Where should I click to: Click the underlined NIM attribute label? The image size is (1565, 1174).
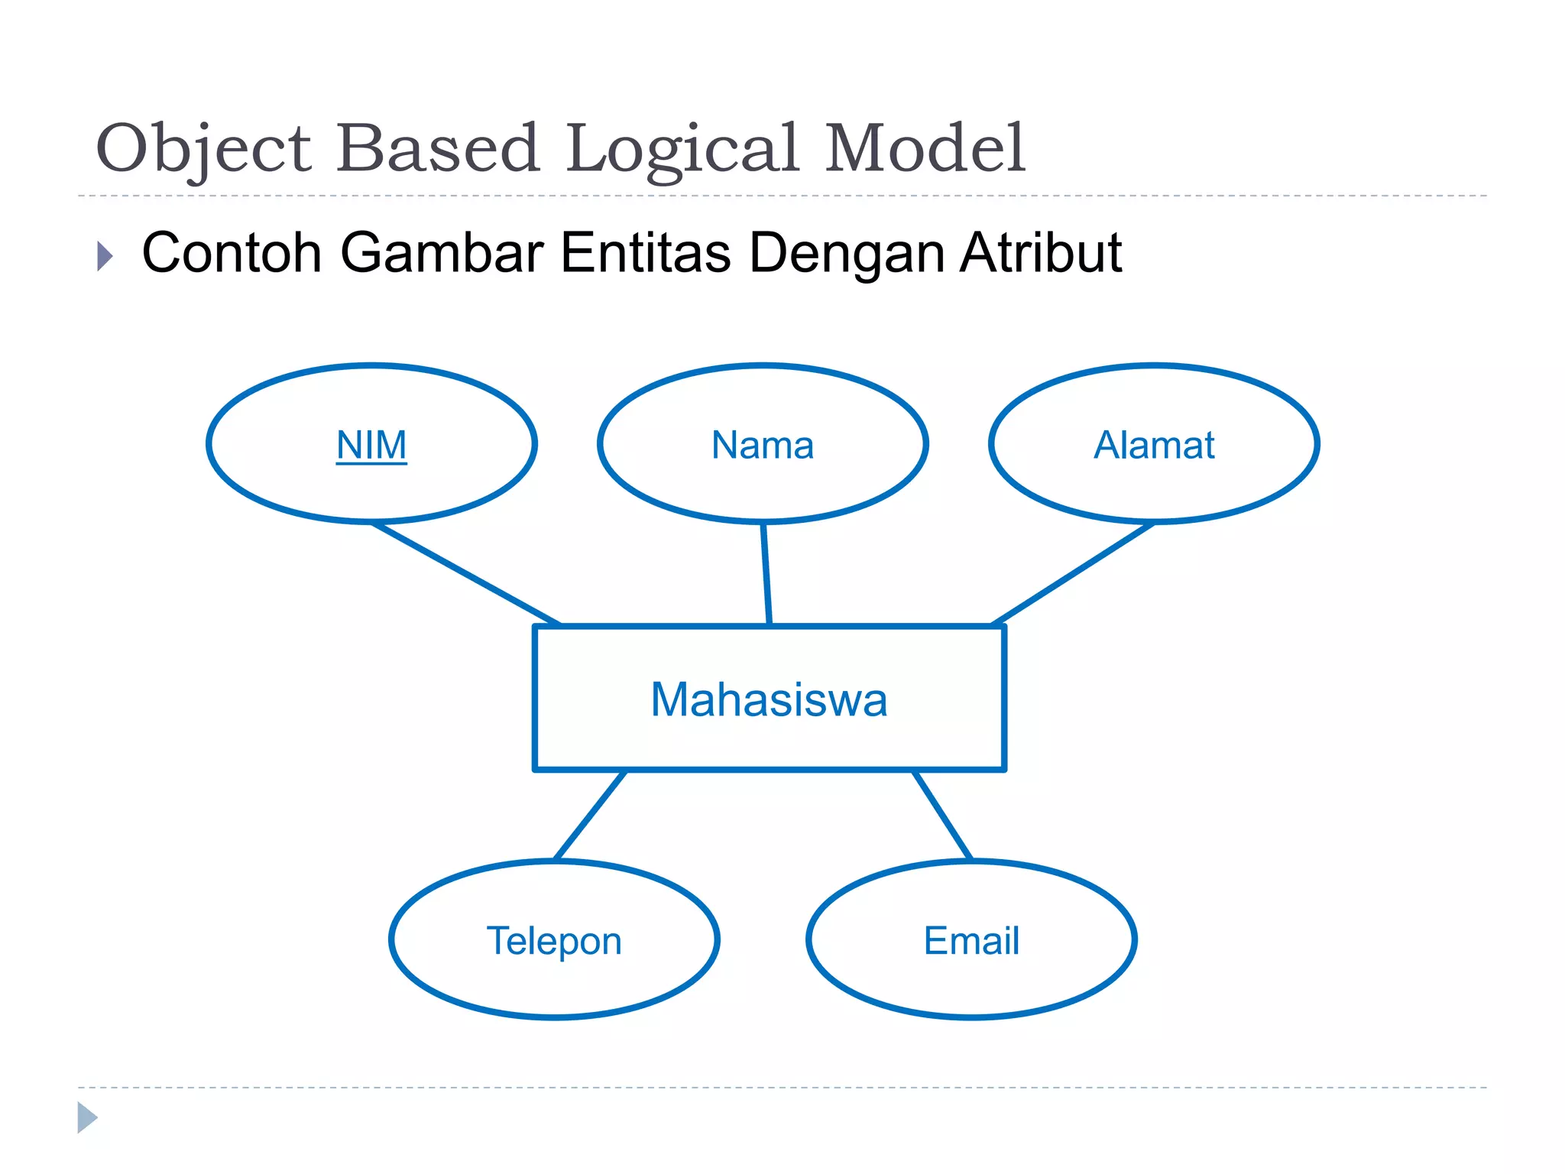pos(371,445)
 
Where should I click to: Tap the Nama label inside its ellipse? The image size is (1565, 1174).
pos(763,445)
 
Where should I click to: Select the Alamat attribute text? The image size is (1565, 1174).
pos(1154,445)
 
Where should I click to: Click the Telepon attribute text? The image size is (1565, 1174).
pos(554,940)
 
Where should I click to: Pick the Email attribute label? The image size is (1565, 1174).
pos(971,940)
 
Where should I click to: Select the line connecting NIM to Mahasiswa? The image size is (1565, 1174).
pos(466,574)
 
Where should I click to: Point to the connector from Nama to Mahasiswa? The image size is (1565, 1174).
pos(766,574)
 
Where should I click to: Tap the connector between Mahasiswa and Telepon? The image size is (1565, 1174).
pos(590,815)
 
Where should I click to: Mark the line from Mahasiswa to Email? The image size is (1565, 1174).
pos(943,815)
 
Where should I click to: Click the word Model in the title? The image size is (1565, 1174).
pos(925,148)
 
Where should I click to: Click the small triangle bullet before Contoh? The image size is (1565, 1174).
pos(105,256)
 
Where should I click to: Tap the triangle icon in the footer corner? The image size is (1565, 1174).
pos(87,1117)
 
